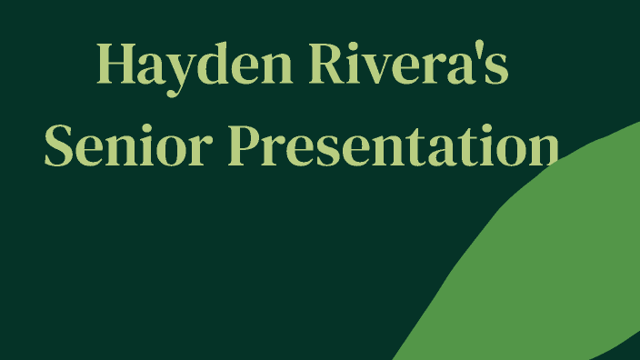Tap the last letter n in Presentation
click(x=538, y=147)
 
